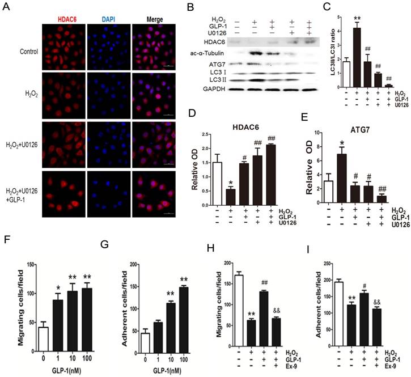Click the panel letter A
click(x=7, y=8)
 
